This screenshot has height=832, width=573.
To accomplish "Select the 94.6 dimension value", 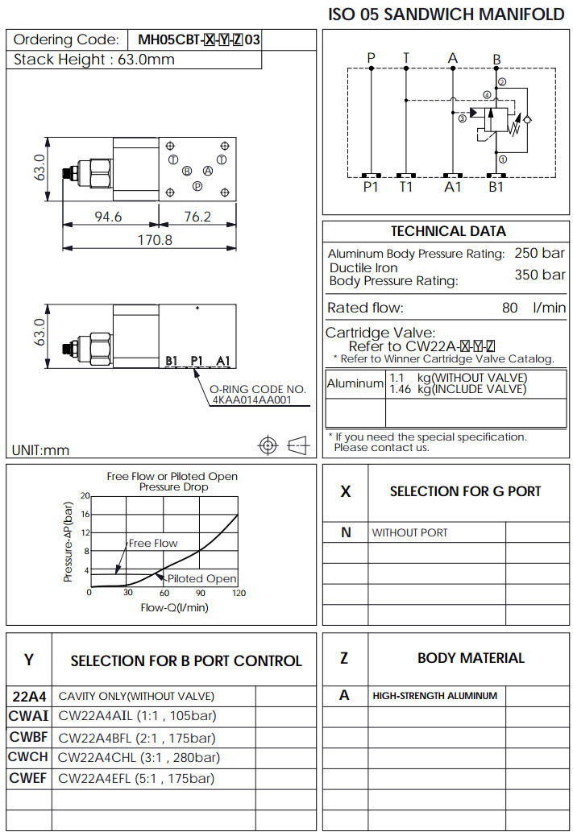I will click(x=108, y=217).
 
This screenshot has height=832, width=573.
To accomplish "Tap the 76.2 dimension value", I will click(x=197, y=217).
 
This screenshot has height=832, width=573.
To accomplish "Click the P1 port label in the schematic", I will click(x=371, y=187).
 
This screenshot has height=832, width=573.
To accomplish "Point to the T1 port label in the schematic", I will click(x=406, y=187).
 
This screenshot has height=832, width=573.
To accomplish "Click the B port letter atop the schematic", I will click(x=496, y=59).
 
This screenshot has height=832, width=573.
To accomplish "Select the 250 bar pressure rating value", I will click(x=540, y=254).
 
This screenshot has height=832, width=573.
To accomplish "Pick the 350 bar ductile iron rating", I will click(x=540, y=275).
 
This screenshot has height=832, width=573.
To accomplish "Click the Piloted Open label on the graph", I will click(x=201, y=578).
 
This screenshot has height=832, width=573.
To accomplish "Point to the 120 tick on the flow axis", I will click(x=239, y=593).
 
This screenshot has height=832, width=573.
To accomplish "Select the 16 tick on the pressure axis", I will click(x=85, y=514).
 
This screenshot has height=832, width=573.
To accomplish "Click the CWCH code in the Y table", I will click(x=29, y=757).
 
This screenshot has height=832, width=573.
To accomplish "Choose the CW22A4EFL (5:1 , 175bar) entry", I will click(x=137, y=779).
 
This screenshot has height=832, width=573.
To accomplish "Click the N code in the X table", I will click(x=346, y=532).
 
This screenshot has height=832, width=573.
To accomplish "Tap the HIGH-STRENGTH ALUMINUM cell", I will click(x=434, y=696).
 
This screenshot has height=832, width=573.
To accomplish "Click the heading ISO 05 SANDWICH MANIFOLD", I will click(x=446, y=14).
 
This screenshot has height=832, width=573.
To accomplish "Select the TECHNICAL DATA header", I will click(x=448, y=231).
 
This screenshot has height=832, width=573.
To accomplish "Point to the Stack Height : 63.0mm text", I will click(x=94, y=60).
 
